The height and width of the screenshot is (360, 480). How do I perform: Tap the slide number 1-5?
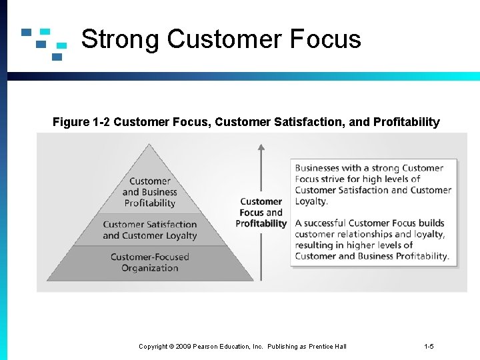(x=429, y=346)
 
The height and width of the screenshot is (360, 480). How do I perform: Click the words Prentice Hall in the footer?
(x=327, y=346)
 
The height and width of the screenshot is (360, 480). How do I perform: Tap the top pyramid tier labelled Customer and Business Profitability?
(x=150, y=192)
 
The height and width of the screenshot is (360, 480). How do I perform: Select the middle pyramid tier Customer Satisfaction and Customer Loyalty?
(x=150, y=230)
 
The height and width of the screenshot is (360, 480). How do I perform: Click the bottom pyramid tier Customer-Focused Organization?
(x=150, y=263)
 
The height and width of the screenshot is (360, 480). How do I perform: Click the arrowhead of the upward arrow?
(x=261, y=148)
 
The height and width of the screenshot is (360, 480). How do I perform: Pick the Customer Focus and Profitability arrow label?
(x=261, y=213)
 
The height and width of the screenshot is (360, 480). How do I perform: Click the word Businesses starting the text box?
(x=319, y=168)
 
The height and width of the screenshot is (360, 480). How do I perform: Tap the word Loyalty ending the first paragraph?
(x=311, y=201)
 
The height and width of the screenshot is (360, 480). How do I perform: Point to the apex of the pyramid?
(x=151, y=146)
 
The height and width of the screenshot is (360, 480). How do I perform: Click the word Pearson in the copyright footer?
(x=209, y=346)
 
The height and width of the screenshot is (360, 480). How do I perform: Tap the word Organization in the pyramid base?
(x=150, y=268)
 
